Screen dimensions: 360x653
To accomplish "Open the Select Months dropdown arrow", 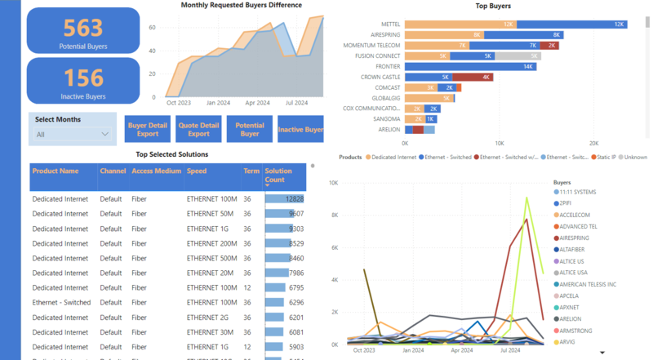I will (105, 135).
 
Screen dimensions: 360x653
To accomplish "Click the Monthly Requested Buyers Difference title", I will (241, 6).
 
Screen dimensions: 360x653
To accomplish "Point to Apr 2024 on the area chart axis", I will (257, 103).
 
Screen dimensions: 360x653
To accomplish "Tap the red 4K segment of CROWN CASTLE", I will (473, 77).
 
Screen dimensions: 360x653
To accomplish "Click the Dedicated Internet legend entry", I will (392, 156).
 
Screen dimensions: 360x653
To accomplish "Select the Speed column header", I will (197, 171).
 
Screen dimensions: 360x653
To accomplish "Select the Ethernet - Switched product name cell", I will (61, 303).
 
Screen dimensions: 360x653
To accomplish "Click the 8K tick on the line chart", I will (333, 215).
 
